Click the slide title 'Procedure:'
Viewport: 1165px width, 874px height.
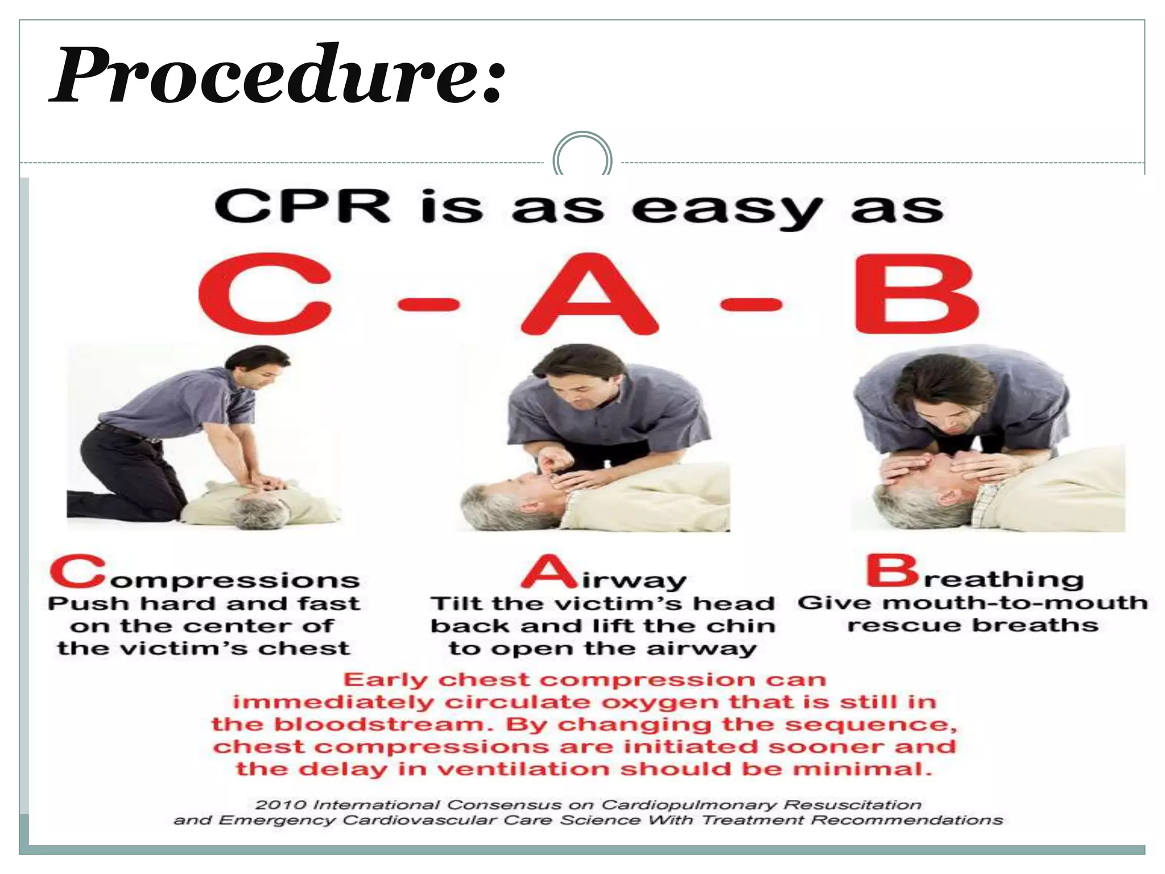[278, 75]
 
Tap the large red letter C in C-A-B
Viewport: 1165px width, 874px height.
[265, 294]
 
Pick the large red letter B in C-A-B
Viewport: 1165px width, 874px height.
[916, 294]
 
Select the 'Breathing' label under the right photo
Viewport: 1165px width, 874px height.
[975, 574]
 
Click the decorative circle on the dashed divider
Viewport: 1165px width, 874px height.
[582, 156]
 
